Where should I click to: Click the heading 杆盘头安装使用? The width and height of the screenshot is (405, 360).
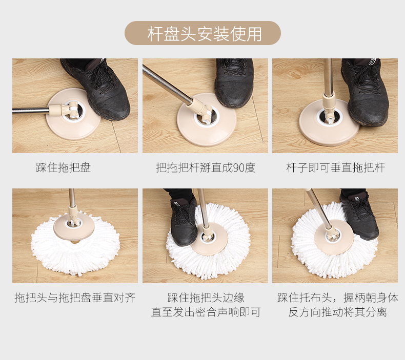[x=205, y=34]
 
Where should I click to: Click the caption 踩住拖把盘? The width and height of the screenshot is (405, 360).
[x=64, y=167]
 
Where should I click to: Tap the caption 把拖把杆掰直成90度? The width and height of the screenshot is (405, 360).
[x=206, y=167]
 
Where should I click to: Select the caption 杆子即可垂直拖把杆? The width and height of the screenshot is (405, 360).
[x=335, y=167]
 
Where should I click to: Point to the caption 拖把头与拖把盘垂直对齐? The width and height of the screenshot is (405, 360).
[x=75, y=298]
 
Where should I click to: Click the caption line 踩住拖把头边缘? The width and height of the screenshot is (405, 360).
[x=206, y=298]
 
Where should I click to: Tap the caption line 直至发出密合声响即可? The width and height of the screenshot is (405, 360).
[x=206, y=312]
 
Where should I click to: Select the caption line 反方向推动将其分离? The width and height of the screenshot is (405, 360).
[x=338, y=312]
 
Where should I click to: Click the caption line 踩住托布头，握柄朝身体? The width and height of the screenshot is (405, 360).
[x=338, y=298]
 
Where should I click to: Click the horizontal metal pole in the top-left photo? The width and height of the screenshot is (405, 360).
[x=31, y=111]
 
